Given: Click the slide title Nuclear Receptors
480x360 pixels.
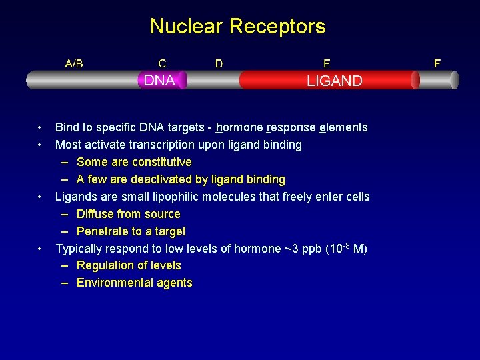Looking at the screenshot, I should point(238,27).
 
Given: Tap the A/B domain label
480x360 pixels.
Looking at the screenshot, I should point(74,64).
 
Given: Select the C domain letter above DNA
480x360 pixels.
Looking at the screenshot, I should point(162,64).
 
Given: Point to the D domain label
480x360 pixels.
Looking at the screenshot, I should point(219,64).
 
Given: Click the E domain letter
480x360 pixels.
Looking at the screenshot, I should point(326,64).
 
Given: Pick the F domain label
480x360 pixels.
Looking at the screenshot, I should point(437,64).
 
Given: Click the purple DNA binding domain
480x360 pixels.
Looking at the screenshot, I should point(161,81).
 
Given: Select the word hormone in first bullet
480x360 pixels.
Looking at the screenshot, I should point(239,127).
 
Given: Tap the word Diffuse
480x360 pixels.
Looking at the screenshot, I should point(97,214).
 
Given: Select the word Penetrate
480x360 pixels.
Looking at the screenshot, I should point(103,231).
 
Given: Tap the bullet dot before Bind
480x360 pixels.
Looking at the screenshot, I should point(41,127).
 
